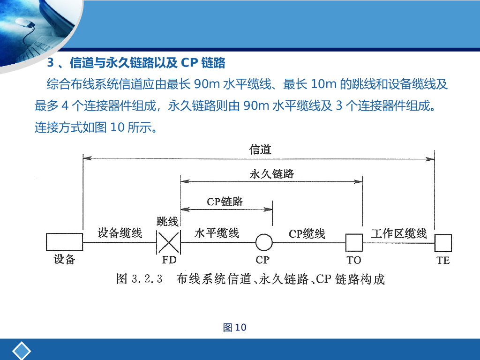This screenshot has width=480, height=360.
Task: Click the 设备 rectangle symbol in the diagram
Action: (64, 242)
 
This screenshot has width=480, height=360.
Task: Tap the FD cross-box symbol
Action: (168, 242)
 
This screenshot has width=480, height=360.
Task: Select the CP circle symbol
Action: (264, 242)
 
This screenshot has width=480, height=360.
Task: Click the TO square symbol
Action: (354, 242)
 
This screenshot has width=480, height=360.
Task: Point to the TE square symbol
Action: (442, 242)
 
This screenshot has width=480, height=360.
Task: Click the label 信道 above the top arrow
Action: (260, 150)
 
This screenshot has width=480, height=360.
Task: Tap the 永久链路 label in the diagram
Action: (272, 173)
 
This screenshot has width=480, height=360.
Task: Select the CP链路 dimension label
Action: (225, 202)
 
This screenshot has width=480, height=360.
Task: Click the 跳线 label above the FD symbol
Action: (167, 221)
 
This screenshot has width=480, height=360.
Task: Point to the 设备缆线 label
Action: (120, 232)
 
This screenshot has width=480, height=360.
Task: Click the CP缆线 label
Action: (307, 233)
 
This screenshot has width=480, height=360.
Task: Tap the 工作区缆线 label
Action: (399, 233)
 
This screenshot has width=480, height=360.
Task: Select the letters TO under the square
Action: (354, 260)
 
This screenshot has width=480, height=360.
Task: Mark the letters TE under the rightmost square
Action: (443, 260)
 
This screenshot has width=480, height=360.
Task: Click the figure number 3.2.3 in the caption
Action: (147, 279)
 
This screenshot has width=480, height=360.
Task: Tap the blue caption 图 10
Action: (235, 327)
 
